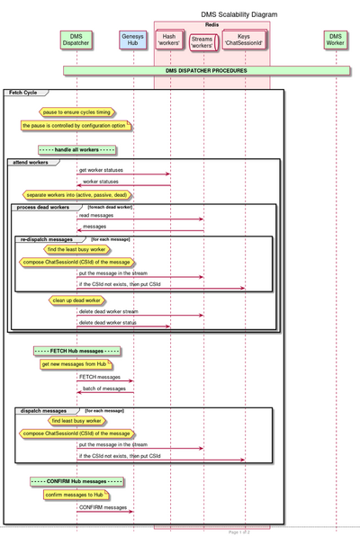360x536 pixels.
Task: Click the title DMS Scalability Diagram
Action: pos(239,14)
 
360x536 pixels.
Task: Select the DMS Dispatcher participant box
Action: pos(76,40)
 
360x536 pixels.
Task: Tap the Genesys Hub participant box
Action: pos(133,40)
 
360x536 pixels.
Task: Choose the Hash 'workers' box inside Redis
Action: pos(169,40)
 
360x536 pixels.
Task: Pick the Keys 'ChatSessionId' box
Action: pos(243,40)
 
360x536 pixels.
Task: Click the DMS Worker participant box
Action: pos(335,40)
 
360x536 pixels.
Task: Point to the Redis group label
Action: pos(211,24)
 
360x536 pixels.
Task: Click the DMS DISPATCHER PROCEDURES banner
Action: pos(206,69)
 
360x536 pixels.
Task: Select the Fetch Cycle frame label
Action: pos(25,93)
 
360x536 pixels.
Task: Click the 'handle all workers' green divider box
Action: pos(76,148)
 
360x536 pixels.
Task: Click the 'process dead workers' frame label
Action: pos(42,206)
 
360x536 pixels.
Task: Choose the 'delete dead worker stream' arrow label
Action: pos(112,311)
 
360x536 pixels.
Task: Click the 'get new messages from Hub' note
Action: pos(76,363)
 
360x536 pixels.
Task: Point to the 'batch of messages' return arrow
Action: pos(105,391)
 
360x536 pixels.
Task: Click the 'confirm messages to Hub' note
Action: pos(76,495)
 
